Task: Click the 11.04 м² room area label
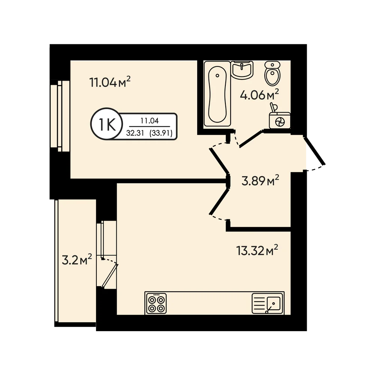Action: tap(110, 82)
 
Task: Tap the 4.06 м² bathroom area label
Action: tap(259, 94)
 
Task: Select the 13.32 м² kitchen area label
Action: tap(257, 250)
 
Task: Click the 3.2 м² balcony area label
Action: tap(77, 260)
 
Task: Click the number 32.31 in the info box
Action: tap(135, 133)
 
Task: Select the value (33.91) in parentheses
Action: tap(161, 133)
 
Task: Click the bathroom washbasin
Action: tap(242, 70)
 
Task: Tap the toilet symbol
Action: tap(272, 73)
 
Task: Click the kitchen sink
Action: tap(268, 304)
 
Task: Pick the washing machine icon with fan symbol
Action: tap(280, 119)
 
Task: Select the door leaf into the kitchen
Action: tap(219, 201)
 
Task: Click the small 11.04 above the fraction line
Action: tap(150, 121)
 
